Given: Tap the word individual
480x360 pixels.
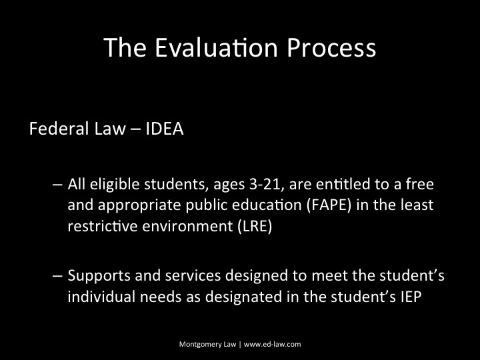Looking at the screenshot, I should click(x=97, y=297).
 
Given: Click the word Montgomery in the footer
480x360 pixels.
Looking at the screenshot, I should click(x=199, y=345).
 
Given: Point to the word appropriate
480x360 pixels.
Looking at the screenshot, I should click(x=127, y=205).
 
